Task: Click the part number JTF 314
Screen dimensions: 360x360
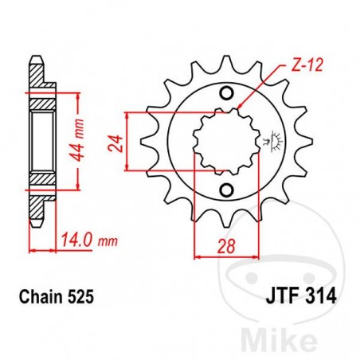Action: tap(296, 296)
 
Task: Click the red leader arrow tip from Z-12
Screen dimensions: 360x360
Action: tap(239, 108)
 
